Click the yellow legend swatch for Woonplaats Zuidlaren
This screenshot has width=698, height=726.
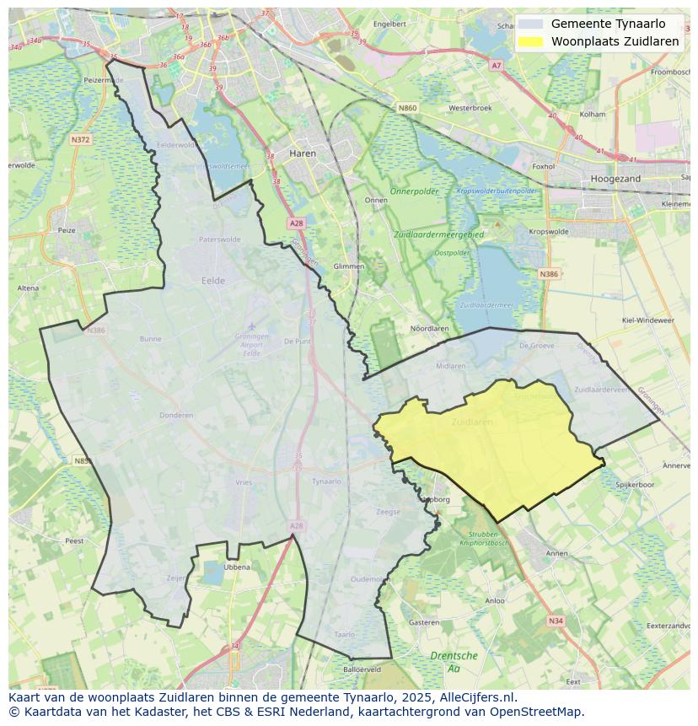[530, 41]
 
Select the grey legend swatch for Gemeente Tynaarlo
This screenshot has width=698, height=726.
[530, 24]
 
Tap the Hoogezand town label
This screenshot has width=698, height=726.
[615, 179]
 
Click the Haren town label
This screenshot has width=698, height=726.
[302, 153]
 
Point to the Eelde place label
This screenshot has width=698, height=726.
[213, 281]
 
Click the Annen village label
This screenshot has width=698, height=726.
[556, 553]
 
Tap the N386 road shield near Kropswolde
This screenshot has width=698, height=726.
[548, 274]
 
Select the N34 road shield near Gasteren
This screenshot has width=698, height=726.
[555, 621]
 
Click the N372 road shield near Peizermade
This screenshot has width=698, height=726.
[80, 139]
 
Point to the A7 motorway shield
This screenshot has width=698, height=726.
[496, 65]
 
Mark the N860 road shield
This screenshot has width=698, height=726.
[407, 108]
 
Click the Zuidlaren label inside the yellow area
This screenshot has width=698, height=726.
[470, 421]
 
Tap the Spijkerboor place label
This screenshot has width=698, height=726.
[635, 485]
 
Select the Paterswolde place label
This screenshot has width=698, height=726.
[219, 239]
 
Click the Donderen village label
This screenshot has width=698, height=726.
[176, 415]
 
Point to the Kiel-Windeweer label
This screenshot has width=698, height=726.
[647, 320]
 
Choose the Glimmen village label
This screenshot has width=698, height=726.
[349, 266]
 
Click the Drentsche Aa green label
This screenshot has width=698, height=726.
[454, 661]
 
